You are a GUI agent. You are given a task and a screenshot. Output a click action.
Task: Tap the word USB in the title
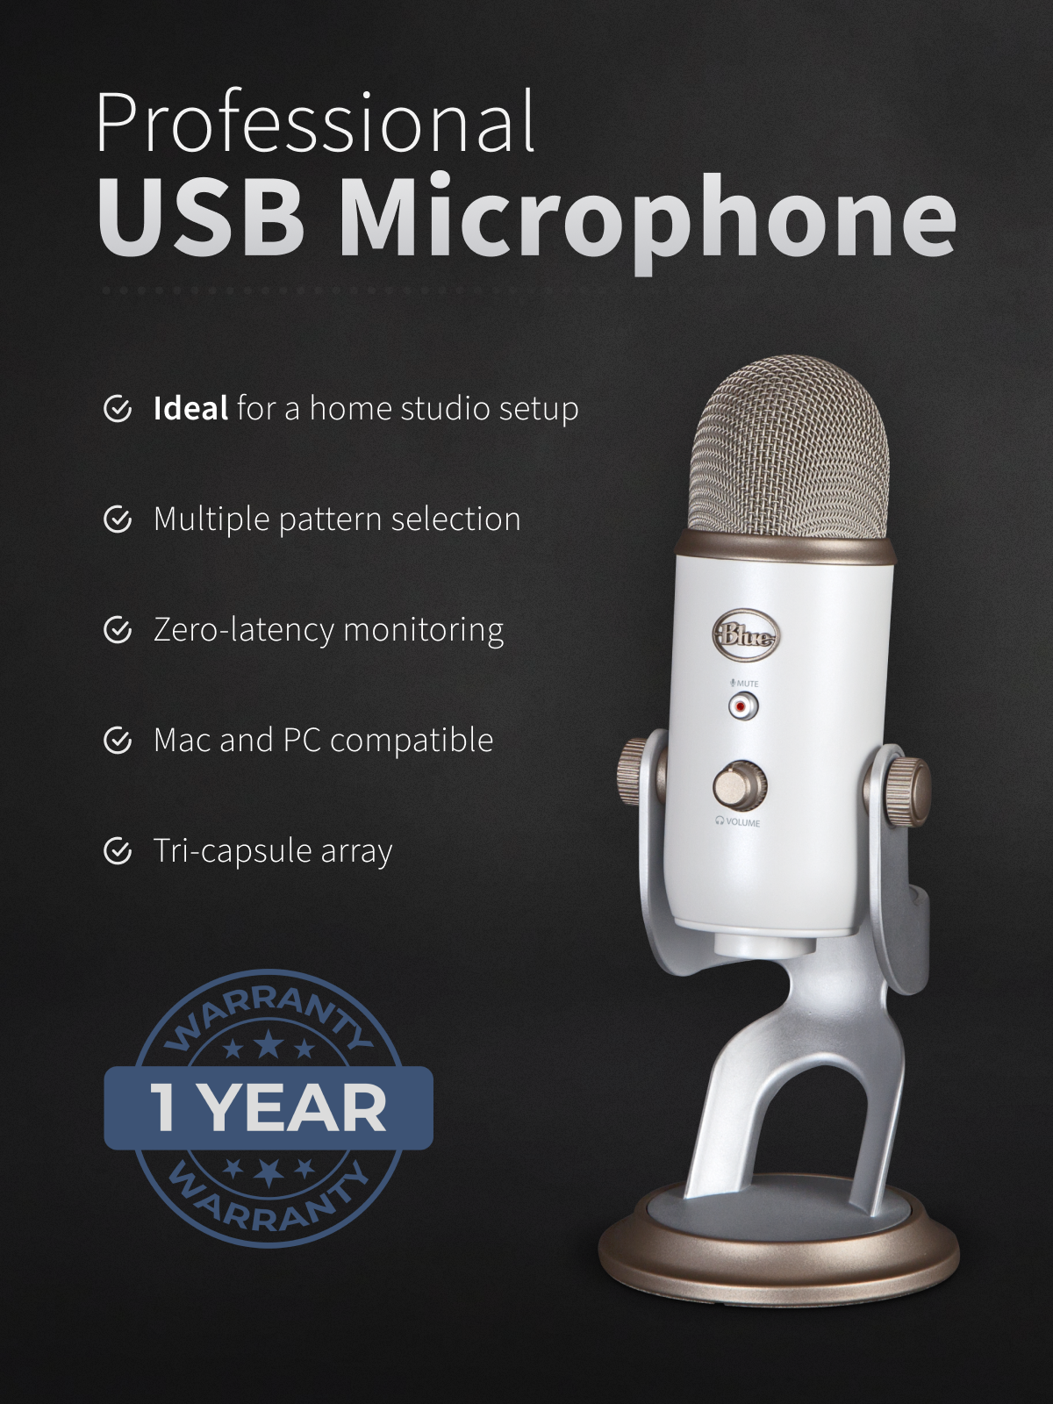point(200,215)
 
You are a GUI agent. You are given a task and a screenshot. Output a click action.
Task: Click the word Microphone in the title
point(647,220)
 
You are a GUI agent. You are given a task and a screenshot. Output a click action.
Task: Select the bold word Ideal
point(190,408)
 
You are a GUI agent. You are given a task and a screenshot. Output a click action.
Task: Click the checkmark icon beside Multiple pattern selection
point(118,519)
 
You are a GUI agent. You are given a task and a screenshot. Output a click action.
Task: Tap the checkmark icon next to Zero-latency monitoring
point(118,630)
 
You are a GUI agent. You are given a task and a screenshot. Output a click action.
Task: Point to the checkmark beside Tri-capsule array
point(118,851)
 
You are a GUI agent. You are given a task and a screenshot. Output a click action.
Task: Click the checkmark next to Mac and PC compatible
point(118,741)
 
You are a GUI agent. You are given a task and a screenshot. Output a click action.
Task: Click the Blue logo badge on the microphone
point(746,636)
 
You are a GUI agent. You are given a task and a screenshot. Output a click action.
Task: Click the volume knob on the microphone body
point(740,786)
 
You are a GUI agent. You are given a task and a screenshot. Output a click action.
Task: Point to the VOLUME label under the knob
point(738,822)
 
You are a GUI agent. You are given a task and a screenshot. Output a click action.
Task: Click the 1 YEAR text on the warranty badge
point(268,1108)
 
